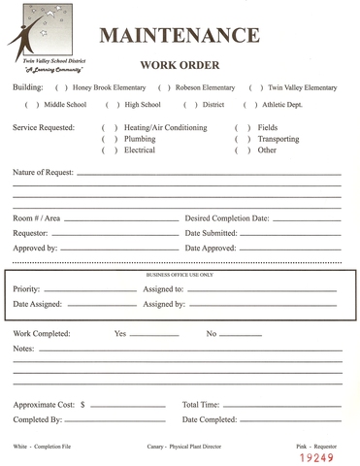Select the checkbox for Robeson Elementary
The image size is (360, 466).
click(164, 87)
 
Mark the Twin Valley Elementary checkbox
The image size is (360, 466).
click(256, 87)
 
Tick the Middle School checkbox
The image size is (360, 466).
click(31, 104)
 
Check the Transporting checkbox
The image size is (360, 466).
click(243, 140)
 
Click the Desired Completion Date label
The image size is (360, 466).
click(227, 218)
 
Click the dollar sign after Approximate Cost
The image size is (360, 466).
click(82, 404)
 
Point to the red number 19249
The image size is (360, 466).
click(317, 455)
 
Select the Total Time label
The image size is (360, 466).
click(201, 404)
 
